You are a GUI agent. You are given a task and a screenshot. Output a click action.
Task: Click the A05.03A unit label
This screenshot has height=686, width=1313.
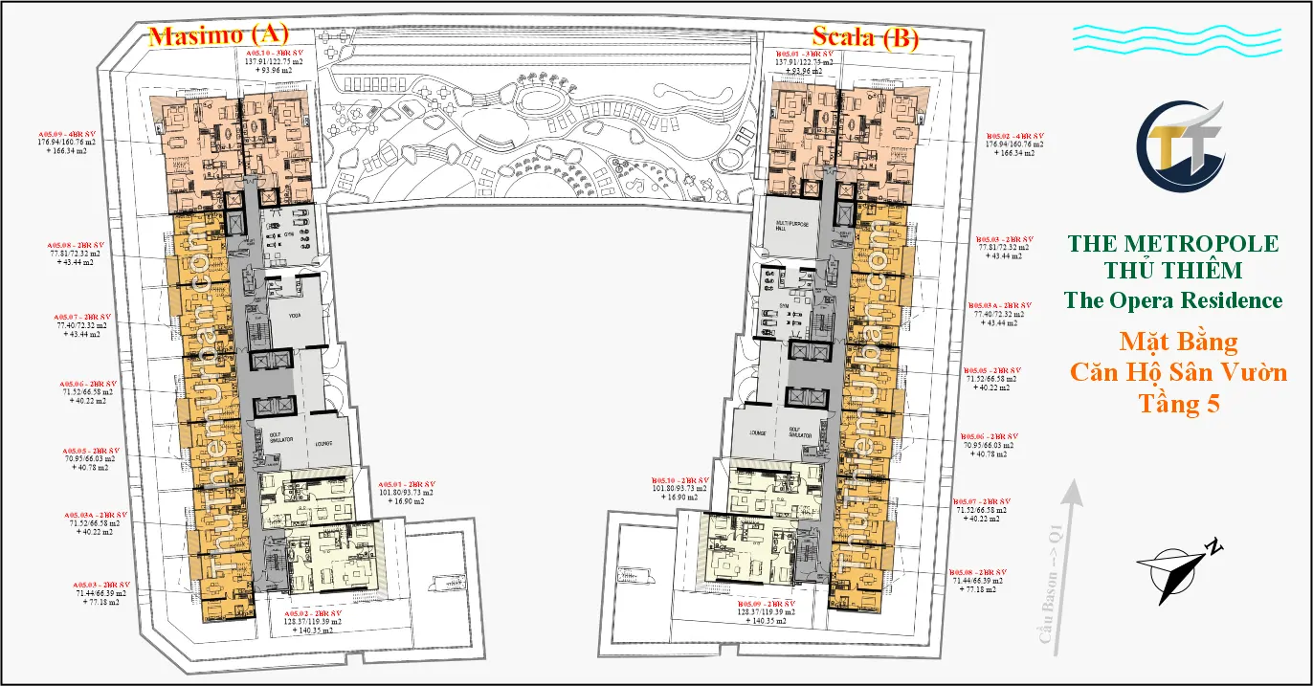click(95, 515)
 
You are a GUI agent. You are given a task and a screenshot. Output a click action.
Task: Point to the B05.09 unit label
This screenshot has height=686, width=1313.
click(766, 605)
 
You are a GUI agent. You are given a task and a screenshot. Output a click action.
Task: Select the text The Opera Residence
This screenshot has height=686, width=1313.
click(1172, 300)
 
